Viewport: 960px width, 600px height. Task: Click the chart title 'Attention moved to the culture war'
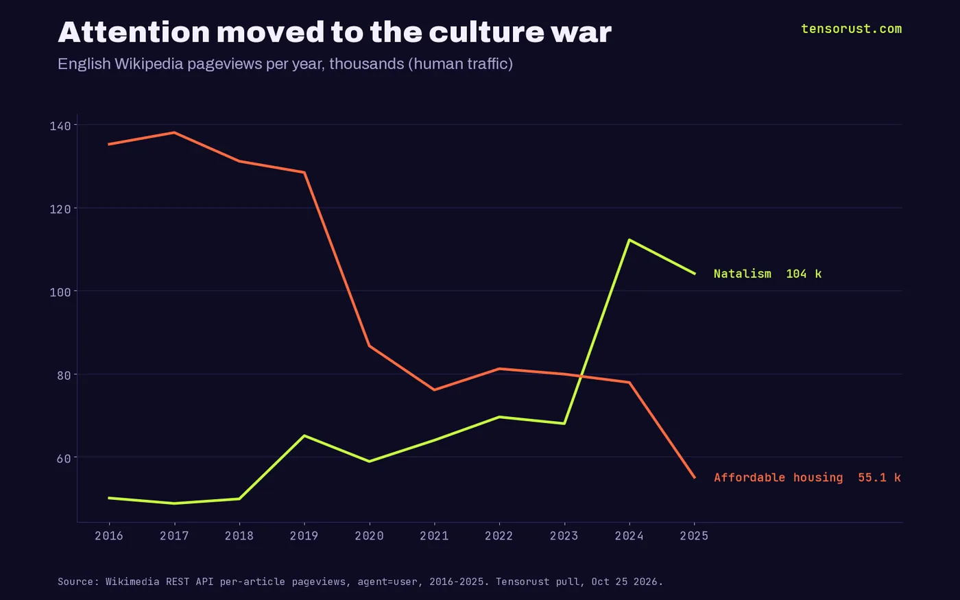point(335,32)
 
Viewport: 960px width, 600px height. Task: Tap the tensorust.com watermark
point(851,29)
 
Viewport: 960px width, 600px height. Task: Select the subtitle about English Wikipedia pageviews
point(285,64)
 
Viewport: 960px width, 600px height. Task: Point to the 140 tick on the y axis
point(60,126)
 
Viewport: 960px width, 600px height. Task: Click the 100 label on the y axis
point(60,292)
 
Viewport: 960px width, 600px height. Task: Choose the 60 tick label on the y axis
point(63,459)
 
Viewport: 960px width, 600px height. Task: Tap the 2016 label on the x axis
point(109,536)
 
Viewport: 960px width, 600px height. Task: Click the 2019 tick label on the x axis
point(304,536)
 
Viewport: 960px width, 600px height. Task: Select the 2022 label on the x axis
point(499,536)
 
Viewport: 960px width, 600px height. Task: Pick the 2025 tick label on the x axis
point(694,536)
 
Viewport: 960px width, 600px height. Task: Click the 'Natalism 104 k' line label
point(767,274)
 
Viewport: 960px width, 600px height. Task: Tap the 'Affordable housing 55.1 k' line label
point(808,477)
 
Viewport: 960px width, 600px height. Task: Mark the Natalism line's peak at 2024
point(629,240)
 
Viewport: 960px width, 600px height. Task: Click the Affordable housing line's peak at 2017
point(174,133)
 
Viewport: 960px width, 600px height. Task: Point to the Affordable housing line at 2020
point(369,346)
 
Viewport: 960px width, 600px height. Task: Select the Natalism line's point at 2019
point(304,436)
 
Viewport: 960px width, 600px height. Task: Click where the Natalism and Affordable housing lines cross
point(581,376)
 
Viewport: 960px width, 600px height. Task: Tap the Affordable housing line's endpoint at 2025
point(694,477)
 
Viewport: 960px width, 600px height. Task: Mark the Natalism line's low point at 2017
point(174,503)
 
